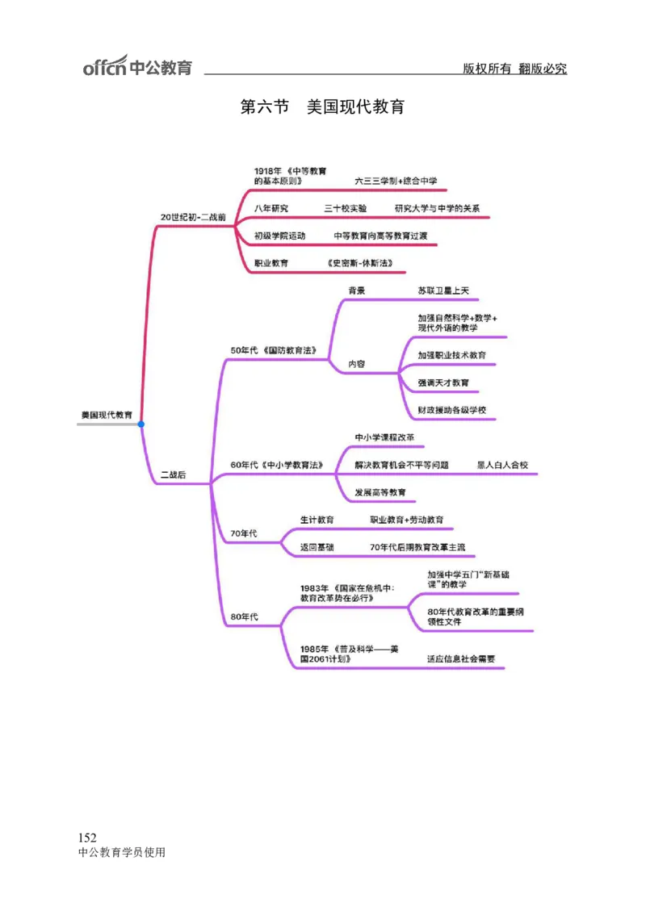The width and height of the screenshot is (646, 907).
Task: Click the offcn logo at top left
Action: (137, 66)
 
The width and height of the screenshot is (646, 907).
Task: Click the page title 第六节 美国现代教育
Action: (322, 107)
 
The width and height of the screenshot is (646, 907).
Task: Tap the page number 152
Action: (87, 838)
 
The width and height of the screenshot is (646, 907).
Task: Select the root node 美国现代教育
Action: (107, 414)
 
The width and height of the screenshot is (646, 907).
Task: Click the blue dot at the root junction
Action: (141, 424)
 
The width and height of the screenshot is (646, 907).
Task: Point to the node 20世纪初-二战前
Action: (193, 217)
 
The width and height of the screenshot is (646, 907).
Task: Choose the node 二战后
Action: (173, 474)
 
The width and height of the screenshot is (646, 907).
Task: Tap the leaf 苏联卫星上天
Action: (443, 290)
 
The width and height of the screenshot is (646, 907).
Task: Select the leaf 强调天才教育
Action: (443, 382)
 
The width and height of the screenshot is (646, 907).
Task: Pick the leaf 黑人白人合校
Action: (502, 465)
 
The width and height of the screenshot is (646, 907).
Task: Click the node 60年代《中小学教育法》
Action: (276, 465)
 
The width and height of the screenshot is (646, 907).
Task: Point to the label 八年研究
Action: (271, 208)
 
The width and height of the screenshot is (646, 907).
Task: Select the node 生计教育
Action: (317, 520)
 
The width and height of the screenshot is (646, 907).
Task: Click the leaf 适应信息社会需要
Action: (461, 658)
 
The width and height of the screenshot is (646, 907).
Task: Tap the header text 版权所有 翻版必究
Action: (514, 69)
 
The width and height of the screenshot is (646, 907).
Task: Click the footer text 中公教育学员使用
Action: (122, 852)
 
